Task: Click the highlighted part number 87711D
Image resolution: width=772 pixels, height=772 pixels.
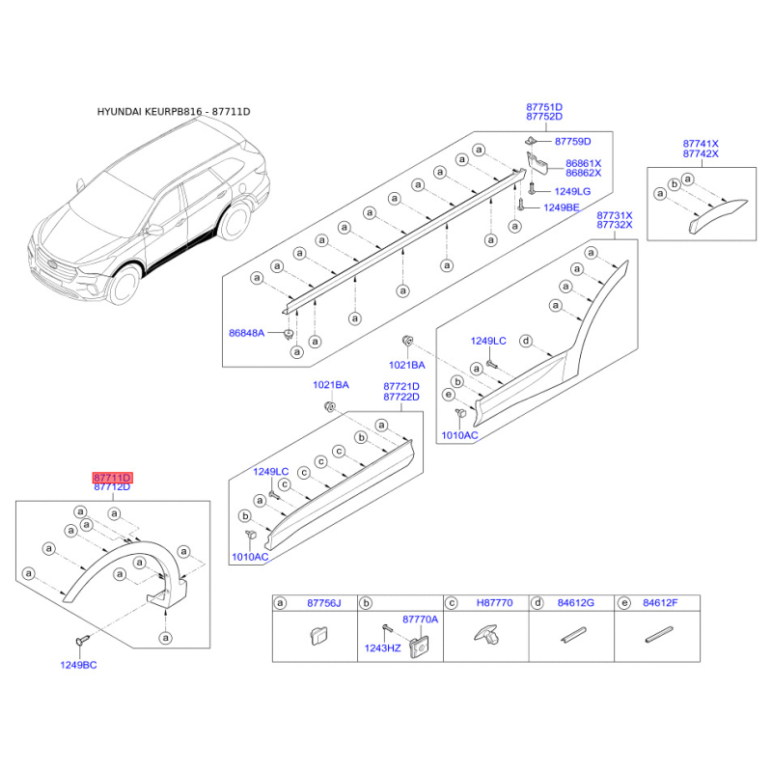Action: (112, 478)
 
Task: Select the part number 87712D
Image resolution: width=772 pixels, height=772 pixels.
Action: (112, 488)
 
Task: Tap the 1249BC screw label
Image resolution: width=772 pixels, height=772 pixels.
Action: (79, 666)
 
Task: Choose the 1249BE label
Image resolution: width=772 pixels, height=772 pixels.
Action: (561, 207)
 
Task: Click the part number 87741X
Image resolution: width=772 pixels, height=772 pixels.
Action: (701, 144)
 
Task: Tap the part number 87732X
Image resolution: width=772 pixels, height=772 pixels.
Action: (614, 225)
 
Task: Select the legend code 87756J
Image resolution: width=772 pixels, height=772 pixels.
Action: (324, 603)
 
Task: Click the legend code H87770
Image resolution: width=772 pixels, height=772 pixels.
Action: (495, 603)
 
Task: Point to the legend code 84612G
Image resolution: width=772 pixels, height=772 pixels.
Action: (576, 603)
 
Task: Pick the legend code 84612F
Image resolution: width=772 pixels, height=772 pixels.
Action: (661, 603)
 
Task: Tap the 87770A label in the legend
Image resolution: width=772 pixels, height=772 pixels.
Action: (420, 619)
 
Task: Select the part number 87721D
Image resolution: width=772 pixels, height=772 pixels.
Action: (400, 386)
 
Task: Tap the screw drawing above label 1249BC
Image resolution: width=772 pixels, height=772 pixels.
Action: (79, 641)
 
